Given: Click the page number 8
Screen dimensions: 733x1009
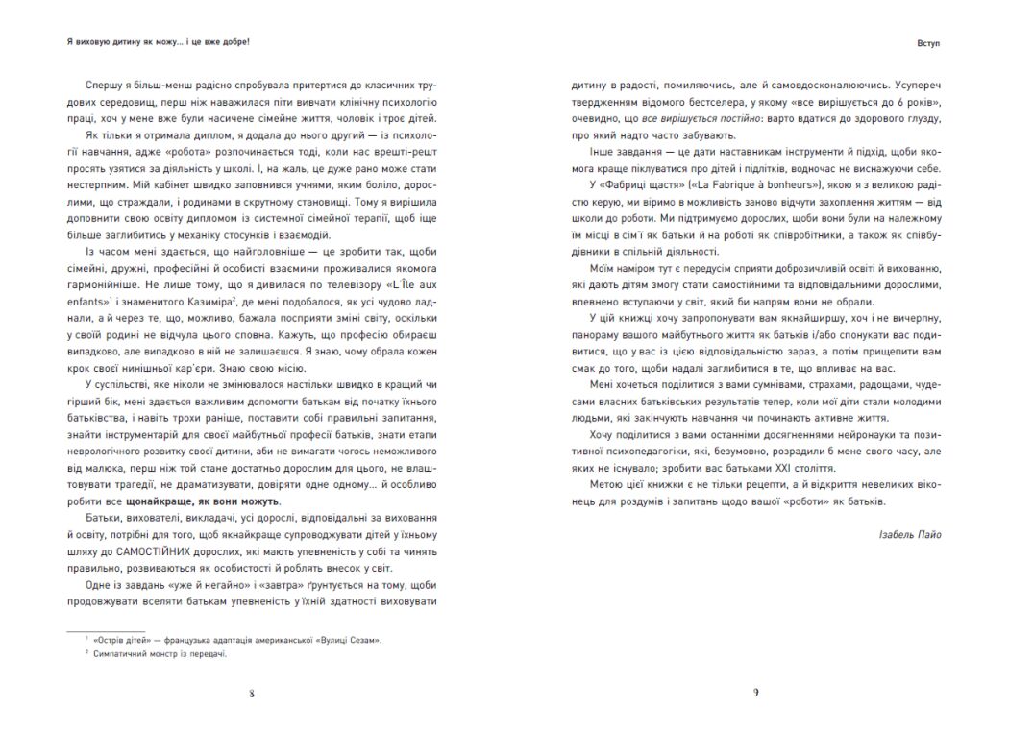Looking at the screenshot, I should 252,695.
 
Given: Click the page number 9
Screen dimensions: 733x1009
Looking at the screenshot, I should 756,695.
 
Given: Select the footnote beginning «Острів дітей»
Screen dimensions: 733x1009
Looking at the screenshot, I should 231,638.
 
